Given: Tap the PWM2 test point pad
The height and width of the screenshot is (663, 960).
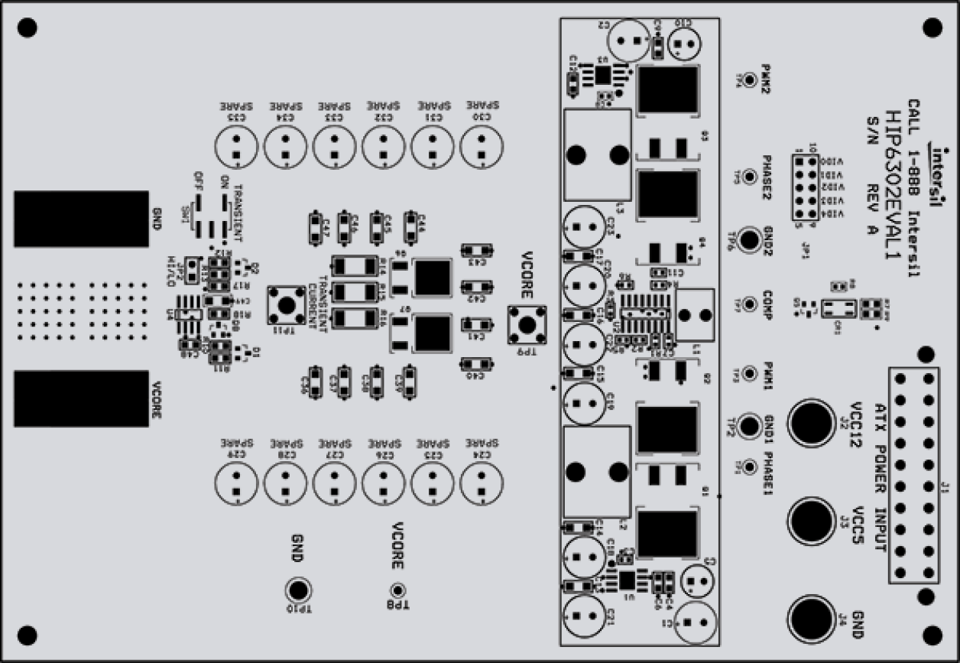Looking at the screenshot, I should click(x=750, y=79).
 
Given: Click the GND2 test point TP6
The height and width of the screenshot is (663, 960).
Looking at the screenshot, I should click(x=750, y=239).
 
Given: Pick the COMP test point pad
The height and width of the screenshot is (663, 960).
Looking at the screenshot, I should click(x=750, y=304).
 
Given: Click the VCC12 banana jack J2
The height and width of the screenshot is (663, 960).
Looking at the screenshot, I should click(x=812, y=421).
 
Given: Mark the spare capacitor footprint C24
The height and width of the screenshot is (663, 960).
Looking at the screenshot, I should click(x=479, y=483).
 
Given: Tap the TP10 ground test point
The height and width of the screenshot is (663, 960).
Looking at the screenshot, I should click(x=298, y=590).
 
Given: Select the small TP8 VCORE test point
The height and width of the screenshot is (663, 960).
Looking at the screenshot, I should click(x=397, y=590).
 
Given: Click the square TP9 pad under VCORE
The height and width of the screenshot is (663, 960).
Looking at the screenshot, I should click(x=527, y=323).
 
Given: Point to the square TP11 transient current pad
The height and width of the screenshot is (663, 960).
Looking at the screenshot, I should click(x=287, y=305).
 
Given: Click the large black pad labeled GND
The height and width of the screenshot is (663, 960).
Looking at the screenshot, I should click(x=81, y=219).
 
